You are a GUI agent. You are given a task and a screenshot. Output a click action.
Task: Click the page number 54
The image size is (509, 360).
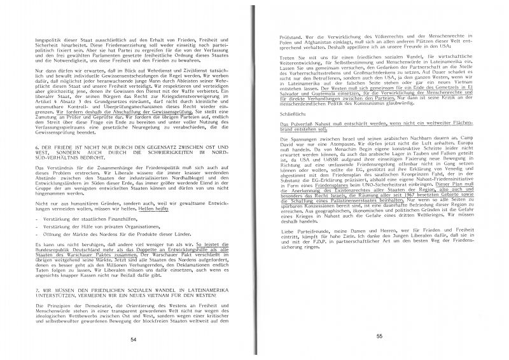click(134, 340)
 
